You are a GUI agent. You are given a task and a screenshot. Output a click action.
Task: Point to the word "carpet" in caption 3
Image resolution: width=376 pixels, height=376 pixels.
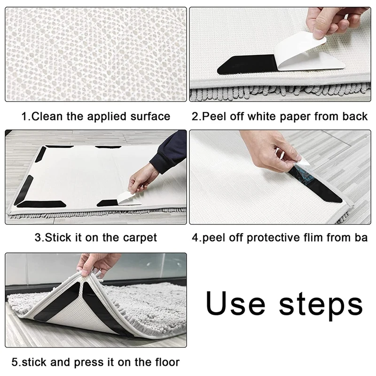[x=140, y=238]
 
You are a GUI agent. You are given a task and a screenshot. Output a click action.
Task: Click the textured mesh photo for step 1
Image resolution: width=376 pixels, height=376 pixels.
[x=96, y=54]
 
